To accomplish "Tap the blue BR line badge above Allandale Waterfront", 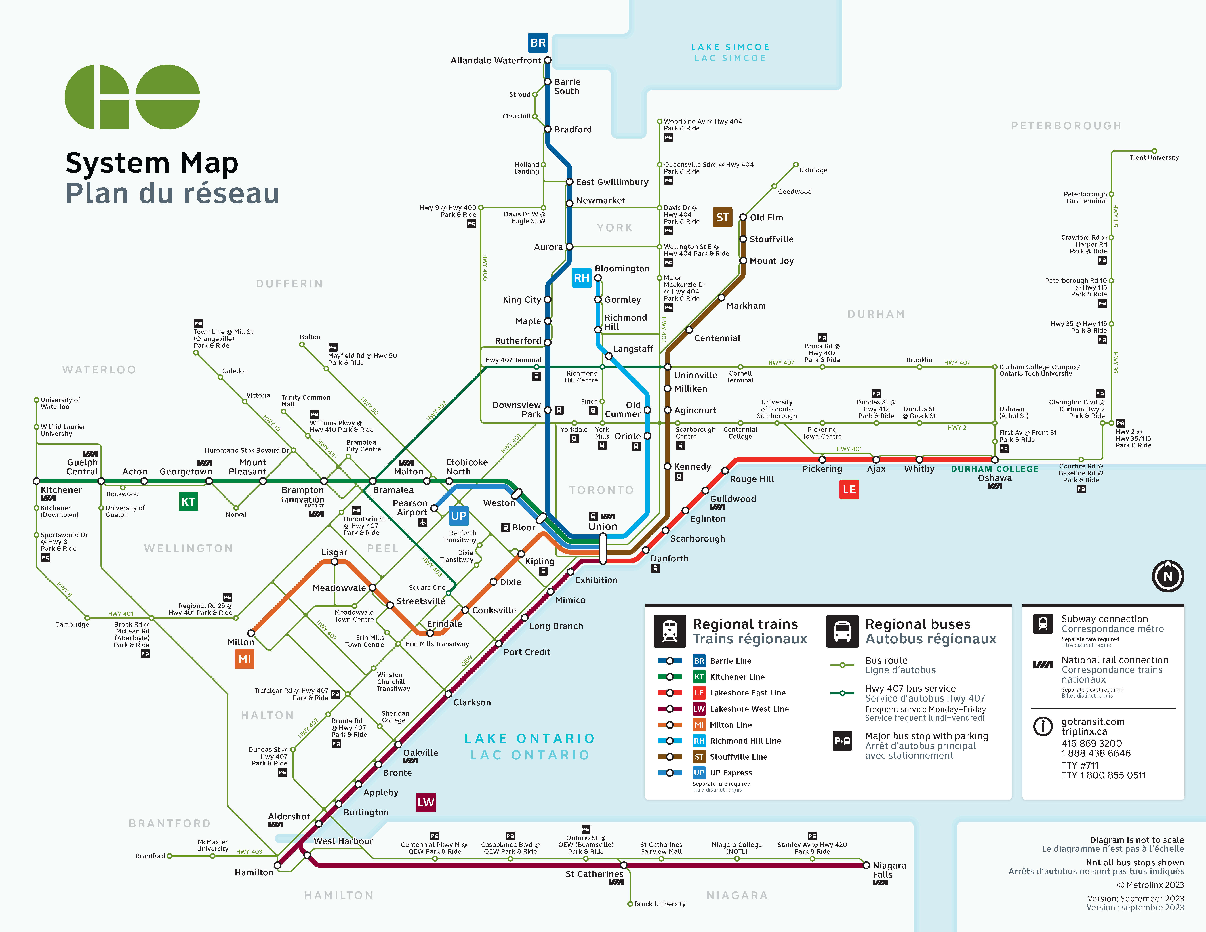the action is (538, 43).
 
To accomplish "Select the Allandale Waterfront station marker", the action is (548, 60).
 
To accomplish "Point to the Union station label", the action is (602, 526).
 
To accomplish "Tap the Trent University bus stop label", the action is (1154, 157).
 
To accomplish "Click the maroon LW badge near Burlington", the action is (426, 802).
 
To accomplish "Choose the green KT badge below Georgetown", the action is (188, 501).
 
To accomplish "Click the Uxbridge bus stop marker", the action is (796, 165).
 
